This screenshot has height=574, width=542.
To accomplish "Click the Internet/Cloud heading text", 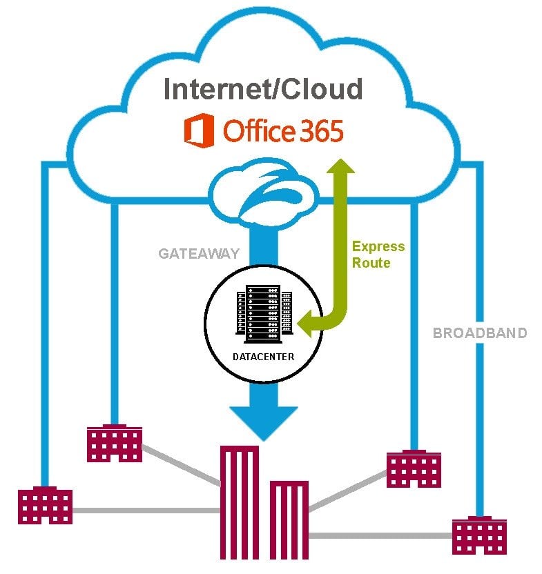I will coord(262,90).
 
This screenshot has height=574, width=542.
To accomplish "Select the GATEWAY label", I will coord(198,253).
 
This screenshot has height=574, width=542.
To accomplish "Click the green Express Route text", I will coord(378,254).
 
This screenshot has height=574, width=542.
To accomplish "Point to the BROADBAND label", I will coord(479,333).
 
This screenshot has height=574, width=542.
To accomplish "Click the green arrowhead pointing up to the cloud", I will coord(340,168).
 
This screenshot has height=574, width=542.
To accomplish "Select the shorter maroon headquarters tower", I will coord(289,521).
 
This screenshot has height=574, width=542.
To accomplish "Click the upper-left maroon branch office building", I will coord(114,442).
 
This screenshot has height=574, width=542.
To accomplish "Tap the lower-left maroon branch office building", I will coord(45,506).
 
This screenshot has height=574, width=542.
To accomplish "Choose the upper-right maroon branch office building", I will coord(414,469).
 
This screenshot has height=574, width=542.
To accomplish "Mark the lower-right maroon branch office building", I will coord(480,535).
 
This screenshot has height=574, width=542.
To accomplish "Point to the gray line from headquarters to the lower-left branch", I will coord(145,511).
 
